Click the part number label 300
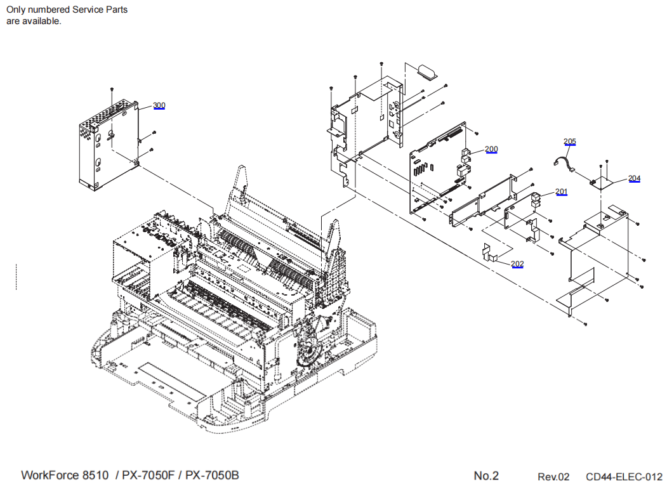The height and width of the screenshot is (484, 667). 159,105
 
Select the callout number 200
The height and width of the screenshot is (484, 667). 491,150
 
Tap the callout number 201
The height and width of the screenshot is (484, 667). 562,192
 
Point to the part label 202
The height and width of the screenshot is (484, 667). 517,263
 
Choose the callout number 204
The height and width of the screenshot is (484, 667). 635,178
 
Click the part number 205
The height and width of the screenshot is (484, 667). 569,141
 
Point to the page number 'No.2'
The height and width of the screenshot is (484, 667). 486,476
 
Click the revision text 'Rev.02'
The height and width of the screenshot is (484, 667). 553,477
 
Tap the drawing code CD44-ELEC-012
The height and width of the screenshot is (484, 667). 623,477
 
